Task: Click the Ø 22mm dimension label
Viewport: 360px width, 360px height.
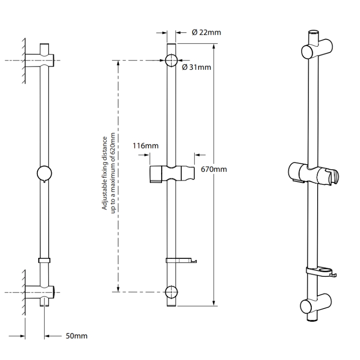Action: click(x=207, y=32)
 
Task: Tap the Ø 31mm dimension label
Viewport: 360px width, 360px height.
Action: click(x=197, y=67)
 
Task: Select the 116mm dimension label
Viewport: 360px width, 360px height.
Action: click(x=145, y=145)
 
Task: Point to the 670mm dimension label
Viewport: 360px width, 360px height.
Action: click(x=214, y=169)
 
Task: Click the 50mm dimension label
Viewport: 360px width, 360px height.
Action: click(x=76, y=336)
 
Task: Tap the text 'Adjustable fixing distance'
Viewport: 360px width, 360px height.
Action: click(x=105, y=173)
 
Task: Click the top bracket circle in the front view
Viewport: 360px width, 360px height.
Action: click(x=171, y=60)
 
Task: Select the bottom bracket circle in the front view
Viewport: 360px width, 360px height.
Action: click(x=171, y=292)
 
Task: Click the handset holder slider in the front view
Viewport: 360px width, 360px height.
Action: click(x=172, y=174)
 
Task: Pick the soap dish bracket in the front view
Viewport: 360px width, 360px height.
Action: click(x=181, y=260)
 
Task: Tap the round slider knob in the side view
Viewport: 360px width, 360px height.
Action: click(x=44, y=174)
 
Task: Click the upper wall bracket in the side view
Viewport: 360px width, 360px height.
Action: click(x=40, y=60)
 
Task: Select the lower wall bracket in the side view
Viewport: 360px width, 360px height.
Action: click(x=40, y=292)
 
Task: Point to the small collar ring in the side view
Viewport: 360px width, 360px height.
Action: click(x=44, y=261)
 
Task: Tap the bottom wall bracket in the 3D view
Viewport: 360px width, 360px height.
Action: click(x=316, y=303)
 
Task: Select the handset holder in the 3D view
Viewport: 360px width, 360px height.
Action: click(x=313, y=173)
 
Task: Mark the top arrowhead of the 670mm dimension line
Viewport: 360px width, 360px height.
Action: click(x=214, y=46)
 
